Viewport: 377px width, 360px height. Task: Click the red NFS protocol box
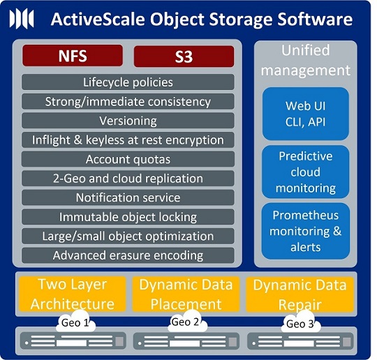[73, 56]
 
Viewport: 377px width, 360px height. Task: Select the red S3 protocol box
[184, 57]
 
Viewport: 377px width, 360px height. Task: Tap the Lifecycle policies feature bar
[128, 82]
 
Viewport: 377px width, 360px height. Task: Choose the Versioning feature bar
[128, 121]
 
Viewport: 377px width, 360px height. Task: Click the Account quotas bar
[128, 159]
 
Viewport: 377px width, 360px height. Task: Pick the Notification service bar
[128, 197]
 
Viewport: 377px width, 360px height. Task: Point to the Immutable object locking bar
[128, 217]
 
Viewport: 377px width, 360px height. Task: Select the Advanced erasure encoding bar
[128, 255]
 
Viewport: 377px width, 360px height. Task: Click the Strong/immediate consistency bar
[128, 101]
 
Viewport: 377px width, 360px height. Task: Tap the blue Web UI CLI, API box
[306, 114]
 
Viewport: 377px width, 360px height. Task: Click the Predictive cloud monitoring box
[306, 172]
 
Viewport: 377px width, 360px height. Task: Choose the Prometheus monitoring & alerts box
[306, 231]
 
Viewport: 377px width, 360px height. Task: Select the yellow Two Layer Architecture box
[73, 294]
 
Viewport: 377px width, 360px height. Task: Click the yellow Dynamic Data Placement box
[186, 294]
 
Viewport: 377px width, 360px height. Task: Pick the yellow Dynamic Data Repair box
[300, 294]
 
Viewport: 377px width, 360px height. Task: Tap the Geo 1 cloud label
[75, 322]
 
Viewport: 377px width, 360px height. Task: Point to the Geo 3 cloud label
[300, 322]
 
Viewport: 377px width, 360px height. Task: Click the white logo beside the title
[22, 19]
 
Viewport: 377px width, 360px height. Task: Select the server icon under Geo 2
[186, 341]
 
